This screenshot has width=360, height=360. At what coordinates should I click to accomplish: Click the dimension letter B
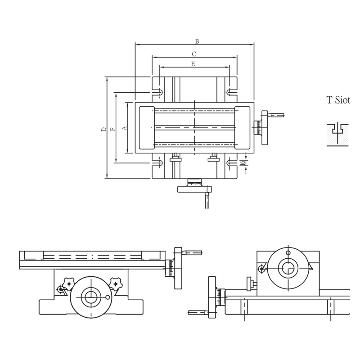[x=197, y=41]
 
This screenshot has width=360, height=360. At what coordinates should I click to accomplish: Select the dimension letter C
[x=194, y=54]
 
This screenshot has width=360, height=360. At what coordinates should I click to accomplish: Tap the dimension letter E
[x=193, y=64]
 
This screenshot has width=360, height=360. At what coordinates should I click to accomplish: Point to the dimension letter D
[x=103, y=129]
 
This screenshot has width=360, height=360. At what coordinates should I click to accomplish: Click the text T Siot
[x=338, y=100]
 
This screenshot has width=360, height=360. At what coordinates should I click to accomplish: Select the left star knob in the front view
[x=69, y=283]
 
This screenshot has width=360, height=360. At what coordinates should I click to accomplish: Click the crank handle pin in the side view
[x=197, y=312]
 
